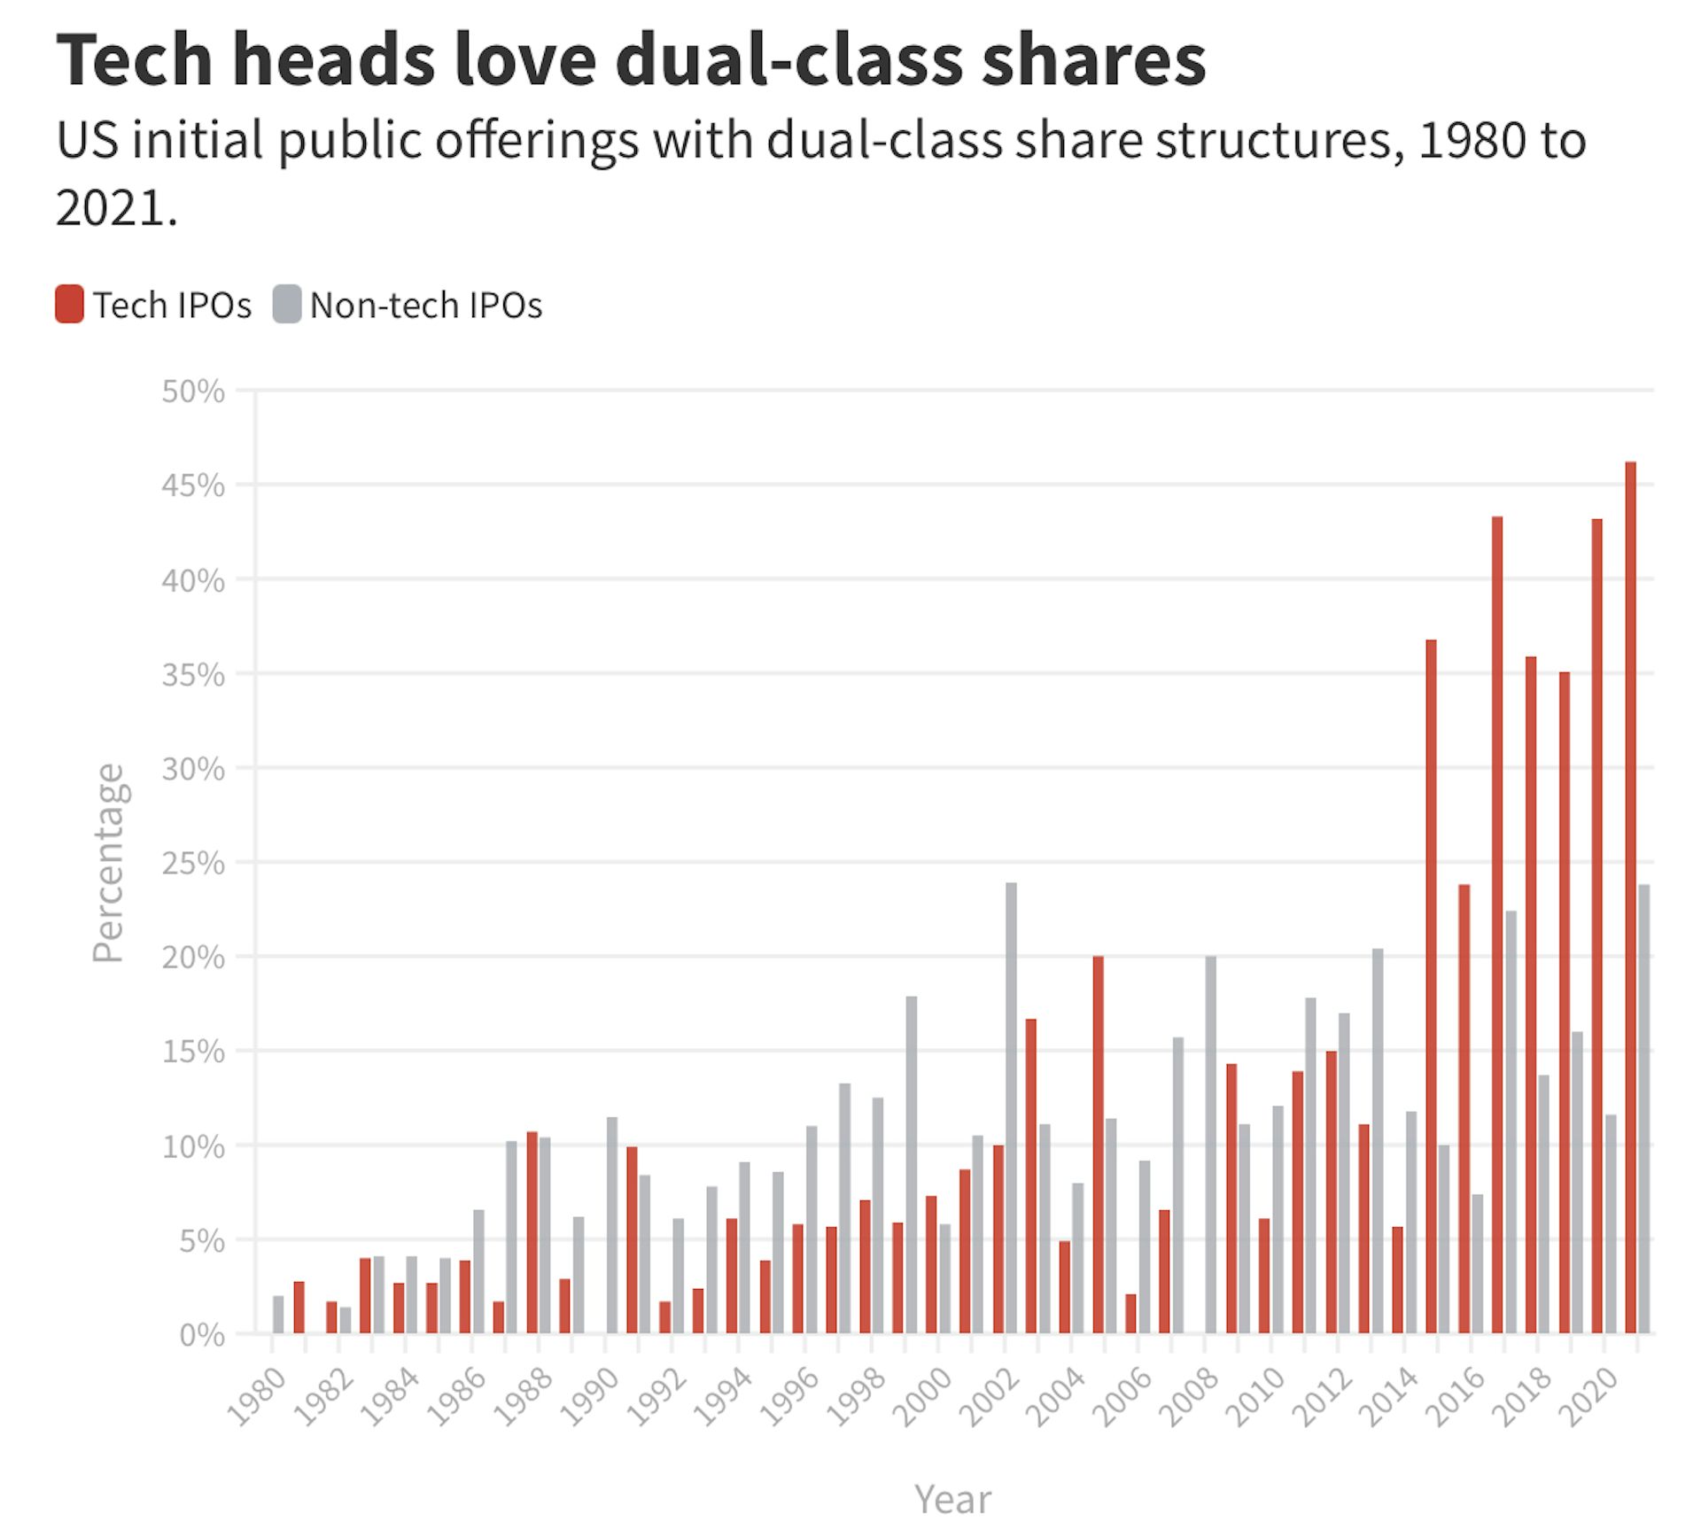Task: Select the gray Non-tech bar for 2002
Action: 1011,1107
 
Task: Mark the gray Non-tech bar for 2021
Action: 1643,1108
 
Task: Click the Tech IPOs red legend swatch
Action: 69,304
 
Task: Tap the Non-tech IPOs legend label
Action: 425,306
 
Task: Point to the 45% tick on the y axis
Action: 193,485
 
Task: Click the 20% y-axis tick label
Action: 193,958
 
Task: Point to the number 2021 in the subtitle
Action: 111,208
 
